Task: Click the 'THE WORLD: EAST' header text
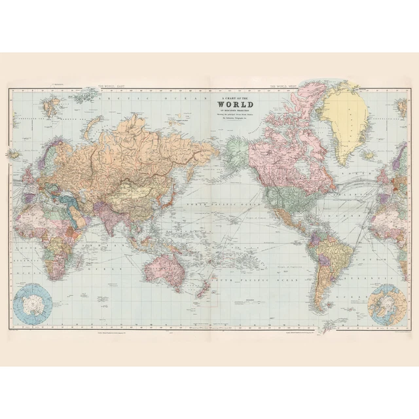coord(113,86)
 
